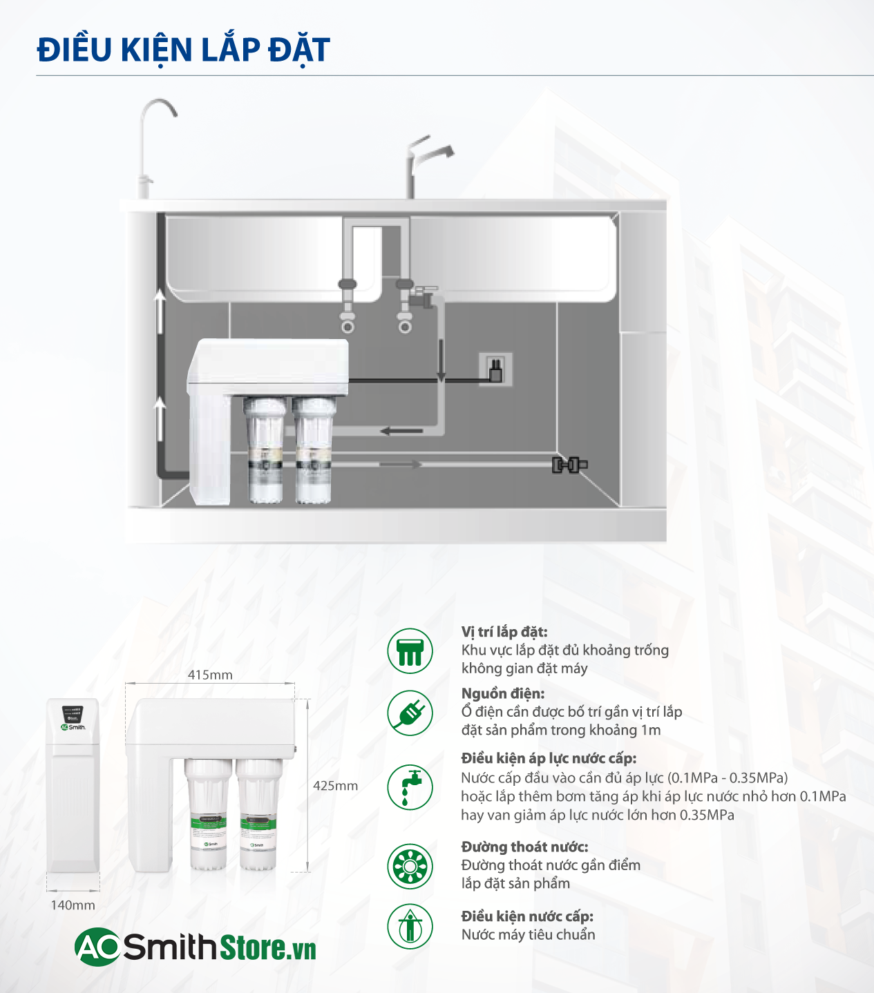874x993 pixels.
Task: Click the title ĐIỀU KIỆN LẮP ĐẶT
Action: (x=183, y=50)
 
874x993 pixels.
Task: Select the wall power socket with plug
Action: (x=495, y=369)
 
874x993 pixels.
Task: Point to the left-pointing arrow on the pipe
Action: (x=401, y=432)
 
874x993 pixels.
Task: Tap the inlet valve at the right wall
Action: (x=569, y=465)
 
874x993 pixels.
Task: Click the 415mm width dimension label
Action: (x=210, y=675)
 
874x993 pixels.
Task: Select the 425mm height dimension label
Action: (x=335, y=786)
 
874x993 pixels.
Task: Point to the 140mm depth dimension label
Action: (x=73, y=905)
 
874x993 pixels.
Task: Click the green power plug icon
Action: (x=410, y=713)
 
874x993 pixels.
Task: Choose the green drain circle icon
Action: (x=410, y=866)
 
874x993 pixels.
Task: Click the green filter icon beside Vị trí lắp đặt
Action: (x=410, y=650)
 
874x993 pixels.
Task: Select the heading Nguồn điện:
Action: (x=503, y=693)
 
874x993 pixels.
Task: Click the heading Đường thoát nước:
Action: (x=524, y=847)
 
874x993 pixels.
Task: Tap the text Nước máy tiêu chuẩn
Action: (x=528, y=935)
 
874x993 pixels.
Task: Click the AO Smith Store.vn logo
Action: (x=196, y=947)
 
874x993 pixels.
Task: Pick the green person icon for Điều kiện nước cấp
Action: (x=410, y=926)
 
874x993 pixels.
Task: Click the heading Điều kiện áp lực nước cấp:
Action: (x=549, y=758)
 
